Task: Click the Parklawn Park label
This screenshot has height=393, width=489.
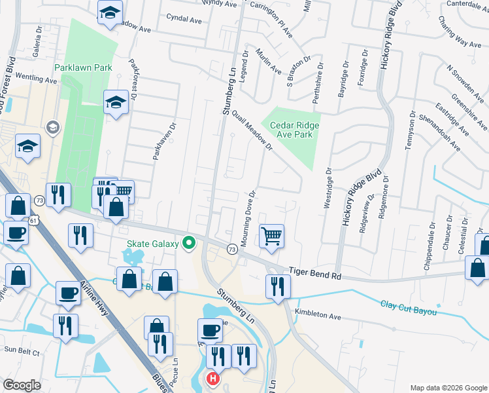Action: click(83, 67)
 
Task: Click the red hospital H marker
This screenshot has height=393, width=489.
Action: click(212, 379)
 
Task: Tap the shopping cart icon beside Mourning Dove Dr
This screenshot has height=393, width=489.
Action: click(271, 234)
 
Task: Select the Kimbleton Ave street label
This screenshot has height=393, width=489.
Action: click(318, 316)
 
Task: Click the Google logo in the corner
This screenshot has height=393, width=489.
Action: click(22, 385)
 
